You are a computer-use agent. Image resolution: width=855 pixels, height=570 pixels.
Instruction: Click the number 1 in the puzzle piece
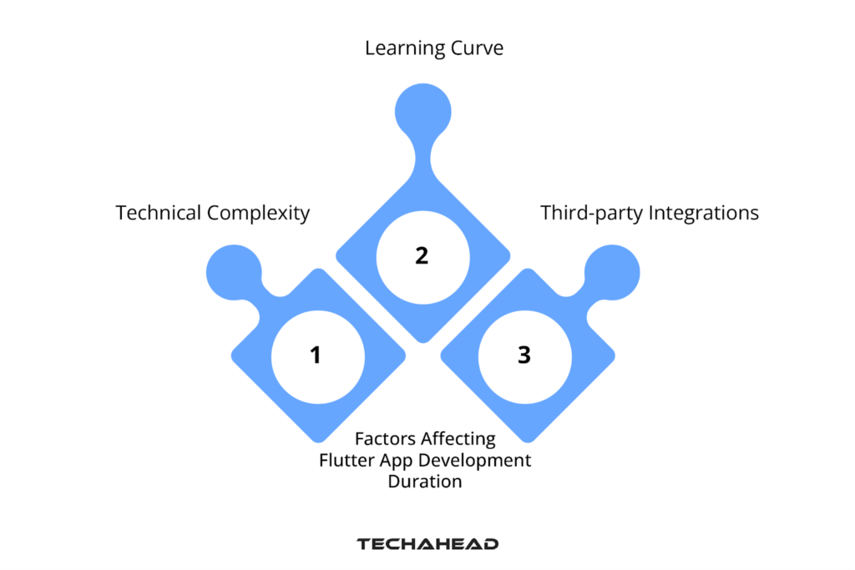tap(316, 356)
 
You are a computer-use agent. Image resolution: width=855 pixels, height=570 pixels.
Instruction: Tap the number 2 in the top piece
tap(422, 255)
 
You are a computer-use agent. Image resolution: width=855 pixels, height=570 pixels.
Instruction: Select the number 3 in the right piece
tap(524, 356)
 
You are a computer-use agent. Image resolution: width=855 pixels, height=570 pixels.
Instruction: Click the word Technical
tap(159, 213)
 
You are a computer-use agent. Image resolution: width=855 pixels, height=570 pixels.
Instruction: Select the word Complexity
tap(258, 214)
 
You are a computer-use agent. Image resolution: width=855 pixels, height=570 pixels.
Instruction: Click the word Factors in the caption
tap(385, 439)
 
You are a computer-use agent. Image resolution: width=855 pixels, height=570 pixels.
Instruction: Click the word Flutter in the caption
tap(346, 460)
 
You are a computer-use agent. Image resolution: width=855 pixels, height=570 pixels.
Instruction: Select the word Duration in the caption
tap(424, 481)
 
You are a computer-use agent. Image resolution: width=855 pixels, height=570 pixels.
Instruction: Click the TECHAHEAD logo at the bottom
tap(427, 544)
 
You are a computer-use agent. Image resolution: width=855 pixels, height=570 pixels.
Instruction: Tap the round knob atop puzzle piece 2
tap(422, 112)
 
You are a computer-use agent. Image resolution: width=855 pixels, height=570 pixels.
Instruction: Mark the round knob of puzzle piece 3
tap(612, 272)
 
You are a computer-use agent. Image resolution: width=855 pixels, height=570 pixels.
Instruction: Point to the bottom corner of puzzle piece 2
tap(422, 340)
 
